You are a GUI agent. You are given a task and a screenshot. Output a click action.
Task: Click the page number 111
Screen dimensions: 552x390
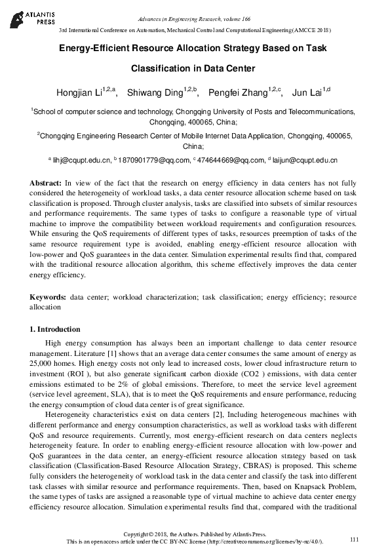pyautogui.click(x=355, y=539)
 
